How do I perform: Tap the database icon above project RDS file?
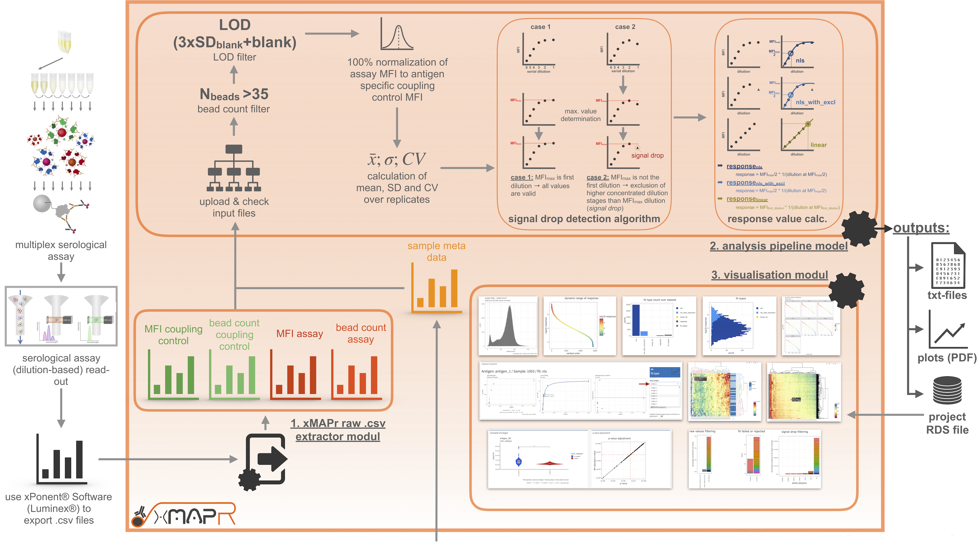(x=947, y=391)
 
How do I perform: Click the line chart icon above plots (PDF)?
(x=947, y=330)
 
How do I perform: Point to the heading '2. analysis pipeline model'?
(x=778, y=246)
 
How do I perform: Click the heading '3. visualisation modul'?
(x=769, y=275)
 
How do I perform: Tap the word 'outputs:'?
(x=921, y=228)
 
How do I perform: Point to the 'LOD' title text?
(x=235, y=25)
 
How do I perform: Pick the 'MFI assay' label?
(x=300, y=334)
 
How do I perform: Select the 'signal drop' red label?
(x=647, y=155)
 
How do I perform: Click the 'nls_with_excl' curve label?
(x=815, y=102)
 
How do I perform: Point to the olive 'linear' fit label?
(x=818, y=145)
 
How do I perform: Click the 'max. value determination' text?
(x=580, y=115)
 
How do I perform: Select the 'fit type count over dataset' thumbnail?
(x=659, y=326)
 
